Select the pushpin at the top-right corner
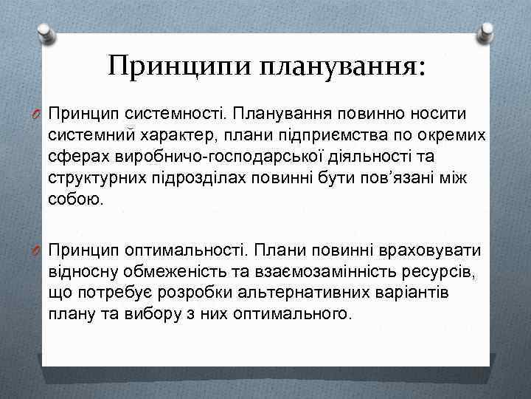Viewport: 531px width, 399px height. [x=486, y=30]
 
